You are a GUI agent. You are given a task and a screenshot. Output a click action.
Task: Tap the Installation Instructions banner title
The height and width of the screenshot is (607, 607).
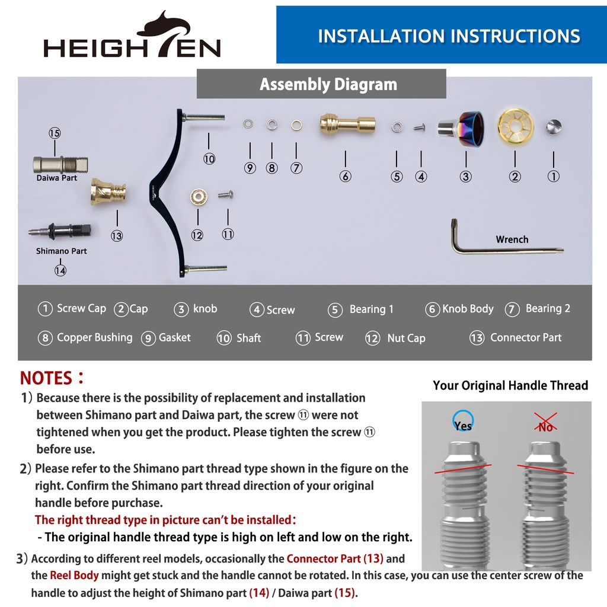449,36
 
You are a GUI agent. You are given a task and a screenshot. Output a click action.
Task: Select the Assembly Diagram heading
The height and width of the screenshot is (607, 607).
328,84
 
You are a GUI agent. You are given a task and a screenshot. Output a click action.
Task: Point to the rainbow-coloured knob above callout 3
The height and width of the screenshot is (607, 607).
461,129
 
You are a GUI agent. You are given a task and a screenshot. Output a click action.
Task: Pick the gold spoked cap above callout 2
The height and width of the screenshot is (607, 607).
515,127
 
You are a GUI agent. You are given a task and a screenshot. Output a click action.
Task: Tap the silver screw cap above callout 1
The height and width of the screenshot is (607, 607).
554,127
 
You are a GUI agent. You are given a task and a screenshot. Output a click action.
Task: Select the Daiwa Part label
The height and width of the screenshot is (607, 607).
56,178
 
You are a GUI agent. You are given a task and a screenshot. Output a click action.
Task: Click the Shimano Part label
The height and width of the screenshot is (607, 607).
61,251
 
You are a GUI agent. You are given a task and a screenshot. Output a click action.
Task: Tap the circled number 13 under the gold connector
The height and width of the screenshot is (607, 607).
117,236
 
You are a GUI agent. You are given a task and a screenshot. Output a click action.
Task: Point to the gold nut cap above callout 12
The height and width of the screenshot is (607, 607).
199,197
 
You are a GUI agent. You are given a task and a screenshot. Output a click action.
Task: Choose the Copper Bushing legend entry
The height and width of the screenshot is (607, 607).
85,337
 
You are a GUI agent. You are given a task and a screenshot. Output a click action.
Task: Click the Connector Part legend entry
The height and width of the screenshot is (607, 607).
515,337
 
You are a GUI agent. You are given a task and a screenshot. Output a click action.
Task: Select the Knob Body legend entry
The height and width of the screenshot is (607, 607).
459,309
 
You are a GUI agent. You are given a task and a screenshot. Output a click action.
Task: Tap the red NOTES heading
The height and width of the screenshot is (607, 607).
52,378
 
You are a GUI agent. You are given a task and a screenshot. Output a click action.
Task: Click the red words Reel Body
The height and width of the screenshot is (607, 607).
74,575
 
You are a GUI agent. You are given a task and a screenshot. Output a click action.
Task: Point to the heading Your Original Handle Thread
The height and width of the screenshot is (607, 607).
510,385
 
